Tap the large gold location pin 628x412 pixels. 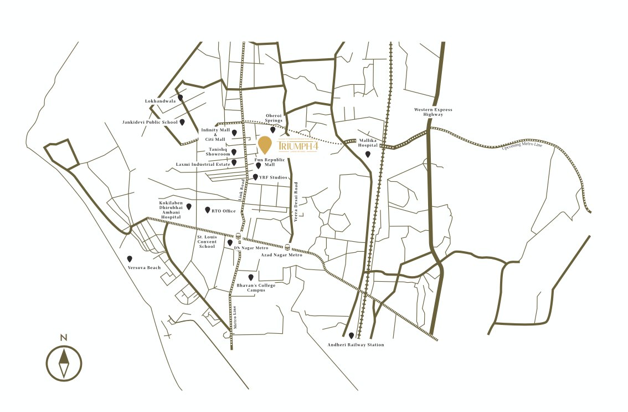(265, 145)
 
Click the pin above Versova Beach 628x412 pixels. (130, 258)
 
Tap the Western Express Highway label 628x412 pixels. (433, 112)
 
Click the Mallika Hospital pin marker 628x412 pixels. (368, 154)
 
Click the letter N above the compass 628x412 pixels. (64, 337)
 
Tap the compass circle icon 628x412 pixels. (64, 363)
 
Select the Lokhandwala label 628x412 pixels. (160, 101)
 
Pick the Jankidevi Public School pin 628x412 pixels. (182, 122)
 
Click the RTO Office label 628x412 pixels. (224, 211)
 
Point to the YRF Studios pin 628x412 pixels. (255, 177)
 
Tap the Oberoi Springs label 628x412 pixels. (274, 118)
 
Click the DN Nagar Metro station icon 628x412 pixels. (238, 236)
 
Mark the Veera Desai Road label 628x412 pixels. (296, 203)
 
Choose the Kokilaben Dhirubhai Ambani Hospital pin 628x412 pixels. (189, 206)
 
